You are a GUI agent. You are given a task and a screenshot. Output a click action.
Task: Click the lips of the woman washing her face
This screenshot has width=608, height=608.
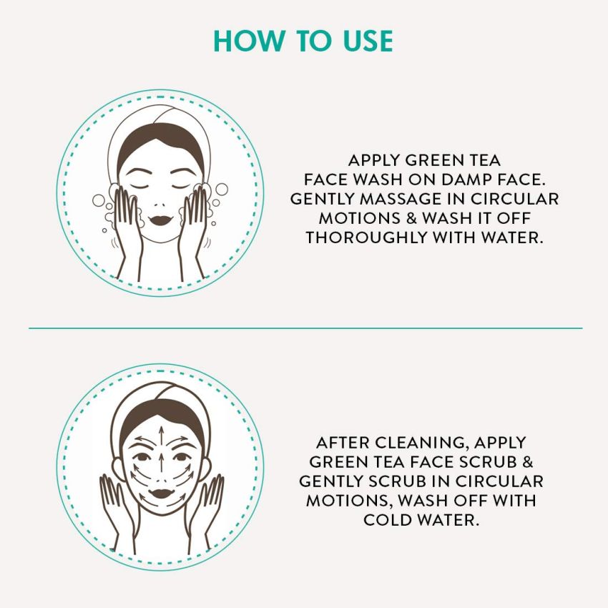[160, 213]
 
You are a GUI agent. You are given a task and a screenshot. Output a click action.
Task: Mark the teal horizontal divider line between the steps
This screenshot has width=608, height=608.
[304, 328]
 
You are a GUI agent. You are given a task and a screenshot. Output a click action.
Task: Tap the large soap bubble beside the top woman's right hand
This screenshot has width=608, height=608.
[221, 190]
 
